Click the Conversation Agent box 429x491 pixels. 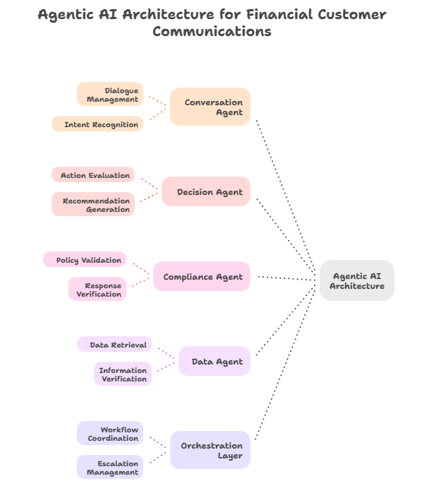pyautogui.click(x=210, y=107)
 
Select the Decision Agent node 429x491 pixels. pyautogui.click(x=205, y=191)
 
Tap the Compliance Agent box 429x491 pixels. pyautogui.click(x=202, y=277)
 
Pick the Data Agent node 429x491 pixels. pyautogui.click(x=214, y=362)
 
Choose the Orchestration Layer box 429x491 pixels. pyautogui.click(x=210, y=450)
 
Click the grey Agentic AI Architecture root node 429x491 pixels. pyautogui.click(x=356, y=280)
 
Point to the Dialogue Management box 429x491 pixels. pyautogui.click(x=110, y=95)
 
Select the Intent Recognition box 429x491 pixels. pyautogui.click(x=98, y=124)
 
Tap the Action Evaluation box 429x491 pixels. pyautogui.click(x=93, y=174)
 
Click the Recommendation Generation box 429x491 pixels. pyautogui.click(x=93, y=205)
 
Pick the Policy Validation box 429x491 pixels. pyautogui.click(x=86, y=260)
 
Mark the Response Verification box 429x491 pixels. pyautogui.click(x=98, y=290)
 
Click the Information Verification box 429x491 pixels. pyautogui.click(x=123, y=374)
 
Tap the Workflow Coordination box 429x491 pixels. pyautogui.click(x=110, y=434)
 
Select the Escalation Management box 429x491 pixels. pyautogui.click(x=110, y=468)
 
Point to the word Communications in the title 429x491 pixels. pyautogui.click(x=212, y=31)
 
